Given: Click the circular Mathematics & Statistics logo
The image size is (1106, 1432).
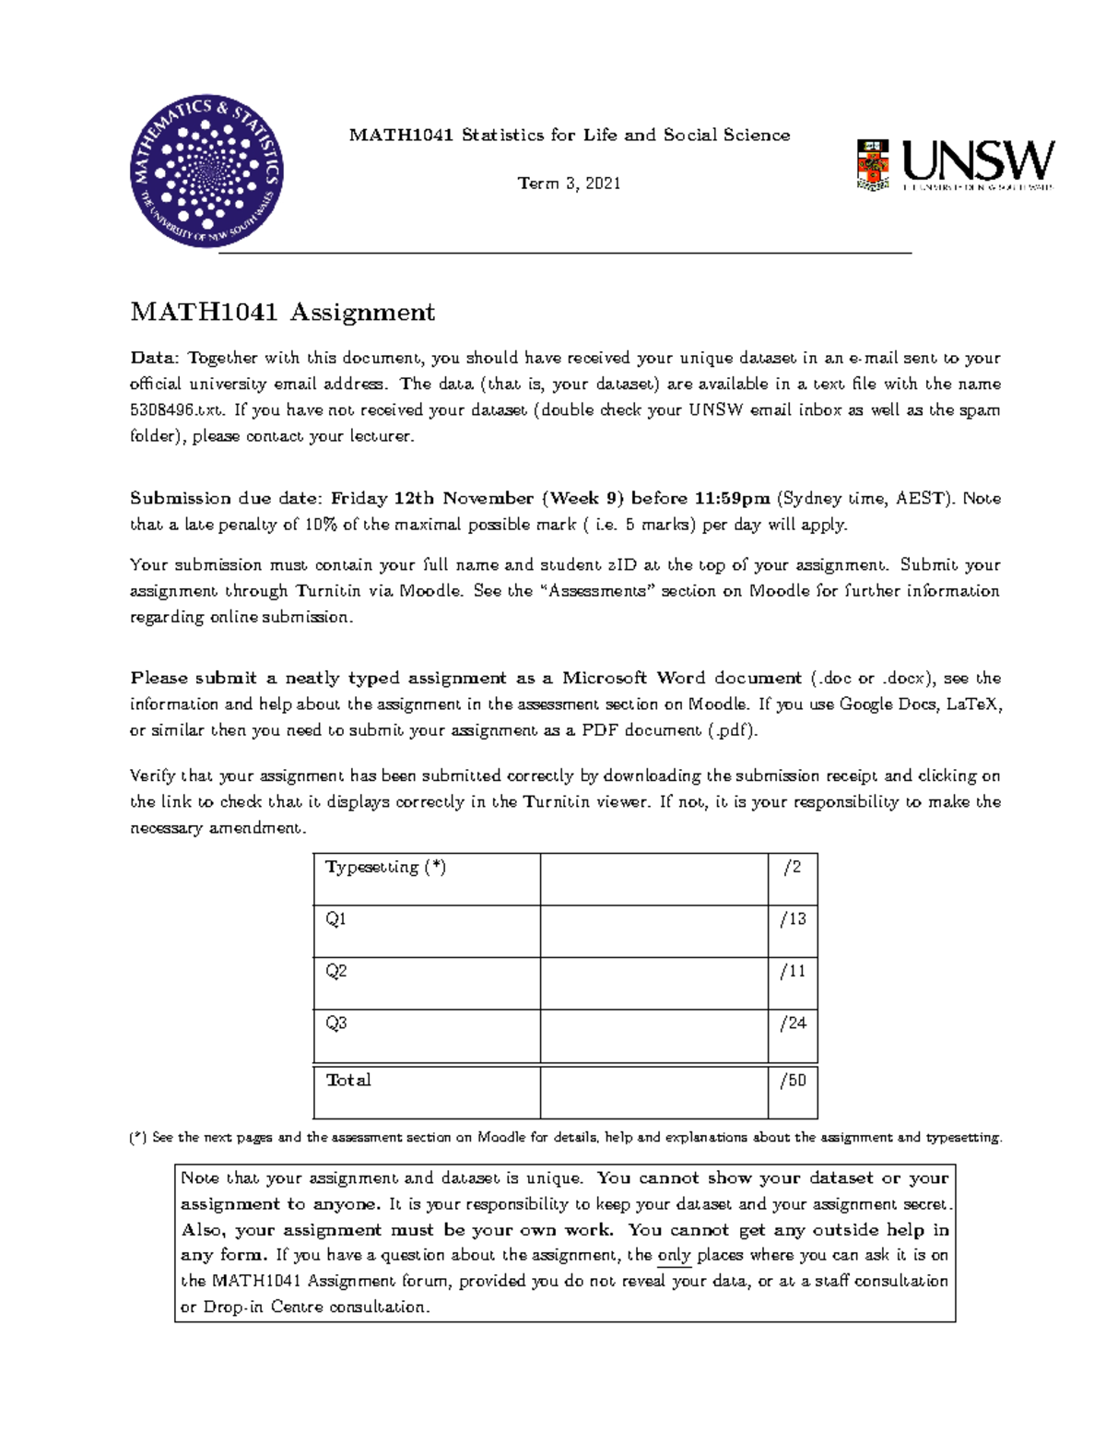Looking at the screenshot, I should [206, 172].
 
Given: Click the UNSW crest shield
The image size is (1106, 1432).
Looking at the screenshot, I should [872, 165].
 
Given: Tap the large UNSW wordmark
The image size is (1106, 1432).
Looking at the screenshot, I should [978, 161].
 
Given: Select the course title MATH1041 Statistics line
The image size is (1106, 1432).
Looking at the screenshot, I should [569, 136].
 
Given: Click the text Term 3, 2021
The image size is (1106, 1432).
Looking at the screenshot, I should [569, 183].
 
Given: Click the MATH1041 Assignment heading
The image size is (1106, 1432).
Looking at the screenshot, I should [282, 313].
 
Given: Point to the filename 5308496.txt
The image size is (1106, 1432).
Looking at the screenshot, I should [176, 410].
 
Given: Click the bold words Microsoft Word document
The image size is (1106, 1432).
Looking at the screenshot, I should [682, 678].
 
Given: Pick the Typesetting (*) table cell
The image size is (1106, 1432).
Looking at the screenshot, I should [385, 868].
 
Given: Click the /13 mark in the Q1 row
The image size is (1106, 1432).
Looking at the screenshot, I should [793, 919].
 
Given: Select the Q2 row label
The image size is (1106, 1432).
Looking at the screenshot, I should [335, 971].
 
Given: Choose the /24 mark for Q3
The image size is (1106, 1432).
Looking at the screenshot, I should [793, 1023].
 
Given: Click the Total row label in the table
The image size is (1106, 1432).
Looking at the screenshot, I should [348, 1080].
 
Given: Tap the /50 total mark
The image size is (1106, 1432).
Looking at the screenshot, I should [793, 1080].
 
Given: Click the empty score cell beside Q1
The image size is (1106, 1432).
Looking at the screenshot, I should [653, 930].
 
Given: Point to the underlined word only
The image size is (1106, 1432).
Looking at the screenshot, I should [674, 1255].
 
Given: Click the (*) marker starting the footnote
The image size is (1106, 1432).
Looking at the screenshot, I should [138, 1138].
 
